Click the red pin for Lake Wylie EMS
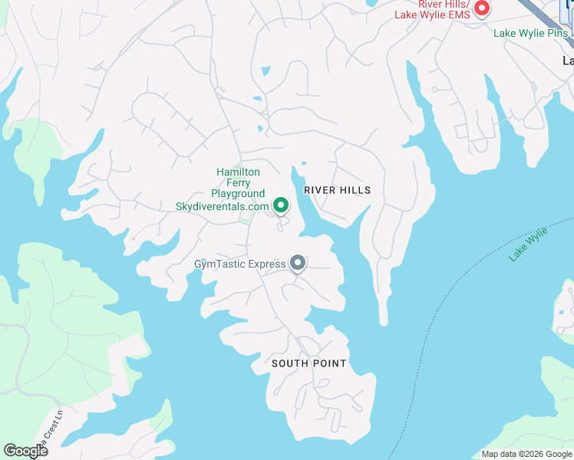[482, 8]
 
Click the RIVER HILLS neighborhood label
[337, 190]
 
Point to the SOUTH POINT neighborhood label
[308, 363]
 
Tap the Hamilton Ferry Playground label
[238, 183]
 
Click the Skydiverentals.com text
[223, 206]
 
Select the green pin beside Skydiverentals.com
[281, 205]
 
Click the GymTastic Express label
[239, 264]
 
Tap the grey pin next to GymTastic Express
[298, 264]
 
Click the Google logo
[25, 451]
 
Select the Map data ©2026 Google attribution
[526, 454]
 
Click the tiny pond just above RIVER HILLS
[304, 163]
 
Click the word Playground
[238, 195]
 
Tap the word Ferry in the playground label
[238, 183]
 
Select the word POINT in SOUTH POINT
[329, 363]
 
